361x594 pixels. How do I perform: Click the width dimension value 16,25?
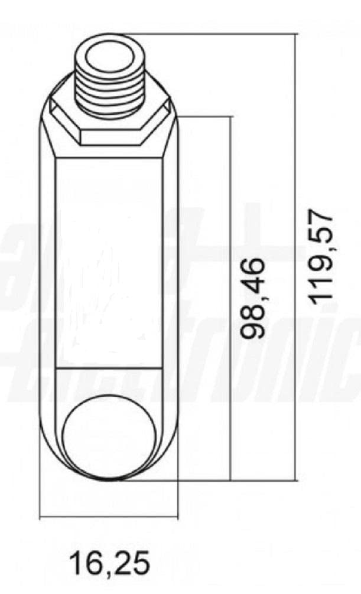(110, 562)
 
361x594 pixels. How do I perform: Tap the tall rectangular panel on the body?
(109, 263)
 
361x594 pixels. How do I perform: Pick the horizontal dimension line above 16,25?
(109, 518)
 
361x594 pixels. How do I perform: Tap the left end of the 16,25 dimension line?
(40, 518)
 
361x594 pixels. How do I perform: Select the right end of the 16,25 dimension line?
(177, 518)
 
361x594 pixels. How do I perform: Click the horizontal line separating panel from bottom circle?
(109, 368)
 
